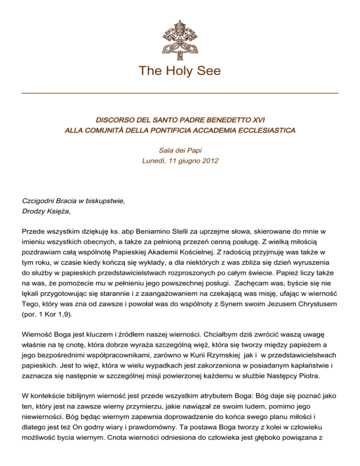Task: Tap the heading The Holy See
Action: [180, 71]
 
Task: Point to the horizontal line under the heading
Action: [180, 93]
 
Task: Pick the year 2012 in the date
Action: [208, 162]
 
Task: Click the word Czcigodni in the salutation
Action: [39, 201]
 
